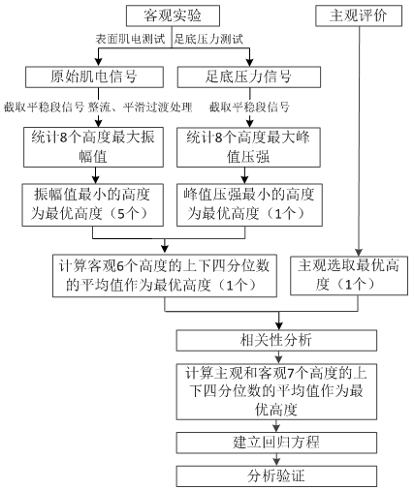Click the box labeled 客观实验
tap(173, 15)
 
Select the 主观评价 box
tap(359, 15)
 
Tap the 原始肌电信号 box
tap(94, 77)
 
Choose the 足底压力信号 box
tap(249, 77)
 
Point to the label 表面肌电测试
tap(130, 39)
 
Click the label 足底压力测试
tap(208, 39)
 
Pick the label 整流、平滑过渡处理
tap(141, 107)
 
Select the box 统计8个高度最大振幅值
tap(93, 147)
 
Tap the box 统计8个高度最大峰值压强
tap(248, 147)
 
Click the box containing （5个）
tap(93, 204)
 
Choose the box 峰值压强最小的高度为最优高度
tap(249, 204)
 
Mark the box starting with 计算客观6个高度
tap(165, 276)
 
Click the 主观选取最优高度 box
tap(349, 275)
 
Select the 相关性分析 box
tap(276, 340)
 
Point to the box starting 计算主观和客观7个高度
tap(276, 391)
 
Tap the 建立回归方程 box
tap(276, 443)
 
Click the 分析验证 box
tap(276, 475)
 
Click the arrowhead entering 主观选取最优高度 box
tap(359, 253)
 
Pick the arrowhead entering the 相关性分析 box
tap(279, 325)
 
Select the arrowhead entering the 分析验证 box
tap(276, 462)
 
